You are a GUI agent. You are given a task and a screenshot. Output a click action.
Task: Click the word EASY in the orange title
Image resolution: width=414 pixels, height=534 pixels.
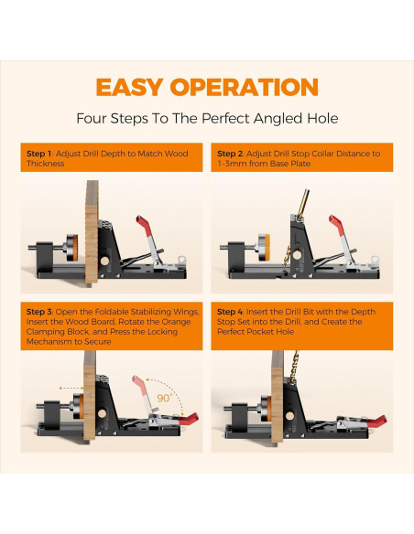coord(129,87)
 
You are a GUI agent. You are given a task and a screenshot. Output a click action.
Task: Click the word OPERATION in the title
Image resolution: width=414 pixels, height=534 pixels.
coord(245,87)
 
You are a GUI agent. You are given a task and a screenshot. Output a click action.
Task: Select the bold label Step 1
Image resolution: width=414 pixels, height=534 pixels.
coord(38,154)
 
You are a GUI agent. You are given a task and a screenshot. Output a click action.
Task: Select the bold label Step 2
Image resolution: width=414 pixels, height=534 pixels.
coord(230,154)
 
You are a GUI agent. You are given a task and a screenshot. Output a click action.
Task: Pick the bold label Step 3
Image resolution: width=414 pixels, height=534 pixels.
coord(39,312)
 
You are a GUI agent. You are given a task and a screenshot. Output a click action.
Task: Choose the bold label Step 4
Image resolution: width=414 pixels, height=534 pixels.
coord(230,312)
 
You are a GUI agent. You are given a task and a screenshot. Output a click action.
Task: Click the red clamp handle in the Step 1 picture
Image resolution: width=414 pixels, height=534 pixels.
coord(144,224)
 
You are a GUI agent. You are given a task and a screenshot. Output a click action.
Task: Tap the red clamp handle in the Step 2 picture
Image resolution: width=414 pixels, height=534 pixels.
coord(336,224)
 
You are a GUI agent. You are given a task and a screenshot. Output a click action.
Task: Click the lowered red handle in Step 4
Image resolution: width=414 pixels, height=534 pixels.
coord(376,422)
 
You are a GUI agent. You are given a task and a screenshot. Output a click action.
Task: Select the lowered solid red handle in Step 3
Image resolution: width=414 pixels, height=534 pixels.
coord(189,420)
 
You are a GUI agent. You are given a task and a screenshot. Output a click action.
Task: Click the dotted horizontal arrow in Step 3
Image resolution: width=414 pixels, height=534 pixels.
coord(71,388)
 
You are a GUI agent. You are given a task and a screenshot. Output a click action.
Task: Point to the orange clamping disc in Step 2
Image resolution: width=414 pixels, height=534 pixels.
coord(267,247)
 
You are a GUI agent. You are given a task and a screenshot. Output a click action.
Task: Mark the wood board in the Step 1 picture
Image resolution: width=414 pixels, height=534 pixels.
coord(92,231)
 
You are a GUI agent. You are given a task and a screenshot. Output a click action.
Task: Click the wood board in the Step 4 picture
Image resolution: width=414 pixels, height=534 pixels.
coord(278,397)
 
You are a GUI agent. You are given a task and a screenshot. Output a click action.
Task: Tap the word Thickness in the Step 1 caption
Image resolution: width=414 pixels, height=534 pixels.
coord(46,164)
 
